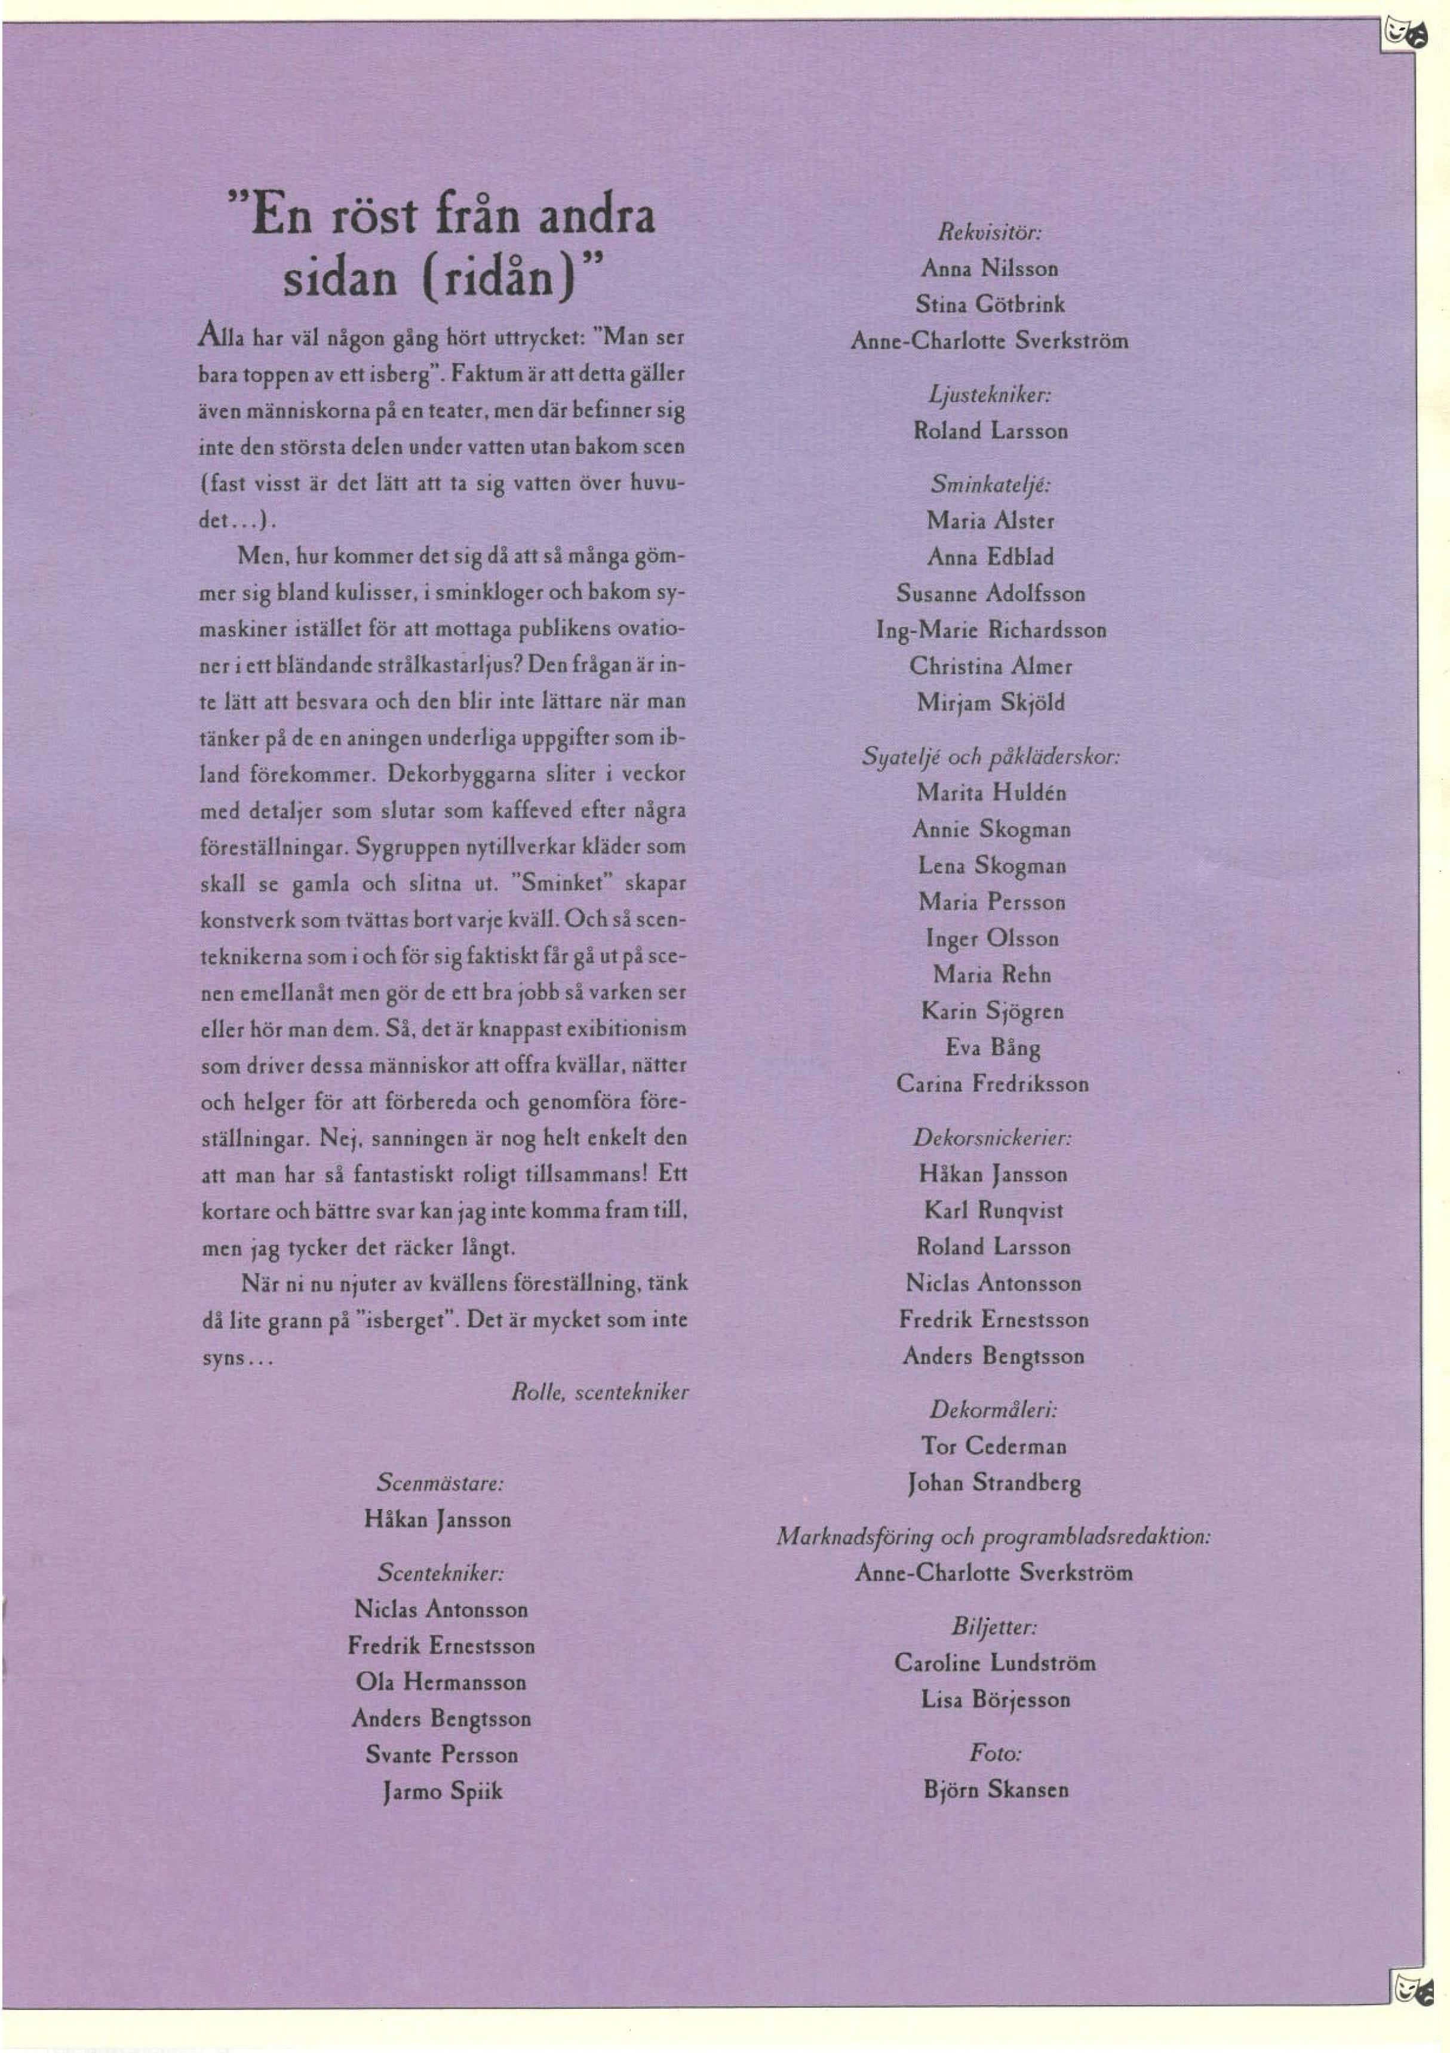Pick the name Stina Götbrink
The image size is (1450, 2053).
pyautogui.click(x=990, y=305)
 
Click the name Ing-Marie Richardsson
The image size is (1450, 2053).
pyautogui.click(x=990, y=631)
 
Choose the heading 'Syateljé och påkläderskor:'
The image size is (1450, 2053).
pyautogui.click(x=990, y=757)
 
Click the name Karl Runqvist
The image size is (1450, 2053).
pyautogui.click(x=993, y=1210)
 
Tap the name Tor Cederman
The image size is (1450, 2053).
pyautogui.click(x=993, y=1446)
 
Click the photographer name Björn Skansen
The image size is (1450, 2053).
pyautogui.click(x=996, y=1789)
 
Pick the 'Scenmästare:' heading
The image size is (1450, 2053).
pyautogui.click(x=440, y=1483)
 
